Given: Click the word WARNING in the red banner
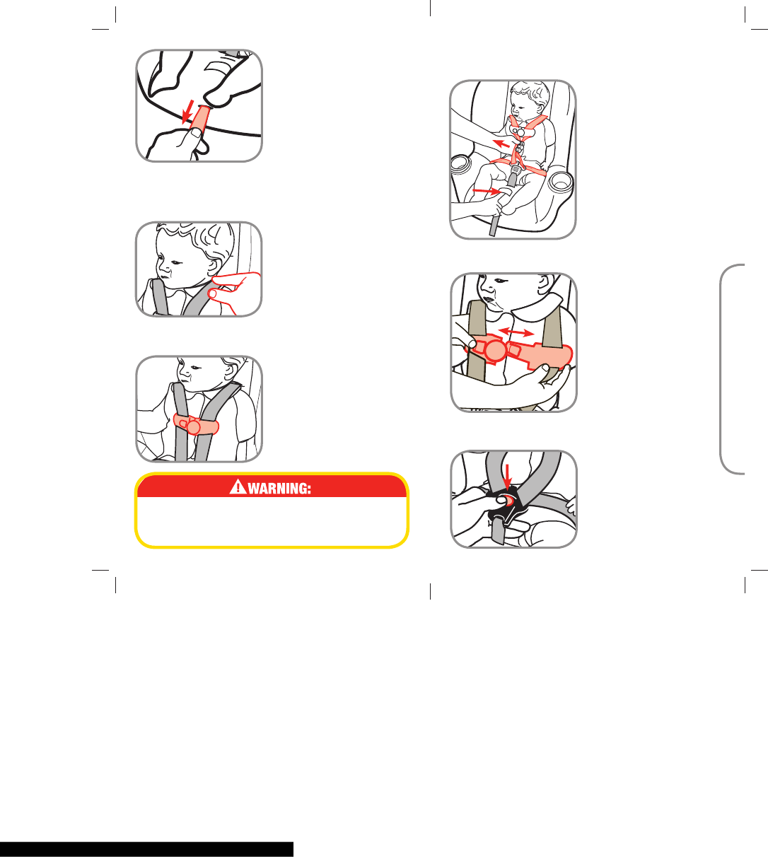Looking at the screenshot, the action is click(279, 489).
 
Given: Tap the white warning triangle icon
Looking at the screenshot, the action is click(238, 486).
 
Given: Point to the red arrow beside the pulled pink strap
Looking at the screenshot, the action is click(187, 112).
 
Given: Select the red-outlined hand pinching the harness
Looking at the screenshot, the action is click(235, 293).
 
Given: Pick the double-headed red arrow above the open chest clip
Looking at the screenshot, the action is click(516, 332).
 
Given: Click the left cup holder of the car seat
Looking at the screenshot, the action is click(460, 163).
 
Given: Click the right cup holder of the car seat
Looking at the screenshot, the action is click(560, 182).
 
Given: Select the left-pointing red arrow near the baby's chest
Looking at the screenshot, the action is click(501, 144).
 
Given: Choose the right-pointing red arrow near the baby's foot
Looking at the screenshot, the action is click(487, 192).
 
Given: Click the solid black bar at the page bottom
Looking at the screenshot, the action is click(146, 849).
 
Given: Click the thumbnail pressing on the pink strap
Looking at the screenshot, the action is click(195, 132).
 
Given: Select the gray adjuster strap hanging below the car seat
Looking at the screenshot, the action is click(494, 225).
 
